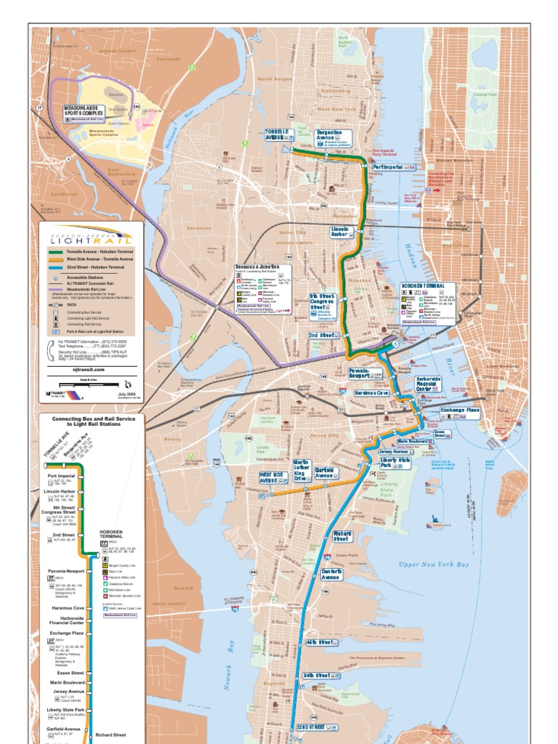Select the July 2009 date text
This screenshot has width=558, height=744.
126,393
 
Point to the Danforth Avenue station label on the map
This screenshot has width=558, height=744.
331,574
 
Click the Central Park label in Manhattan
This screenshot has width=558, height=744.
483,94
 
